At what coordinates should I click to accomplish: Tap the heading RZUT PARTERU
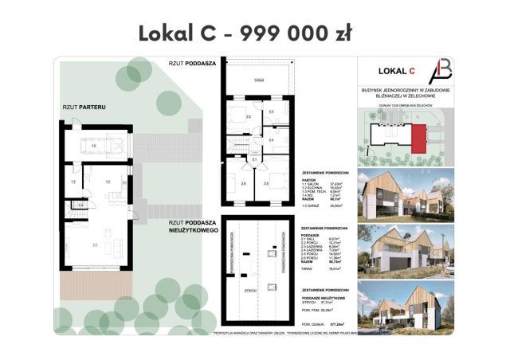click(x=84, y=105)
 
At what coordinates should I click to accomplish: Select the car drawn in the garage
click(x=95, y=145)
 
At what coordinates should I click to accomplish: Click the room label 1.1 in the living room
click(x=94, y=245)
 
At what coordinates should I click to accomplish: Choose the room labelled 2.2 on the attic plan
click(x=249, y=117)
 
